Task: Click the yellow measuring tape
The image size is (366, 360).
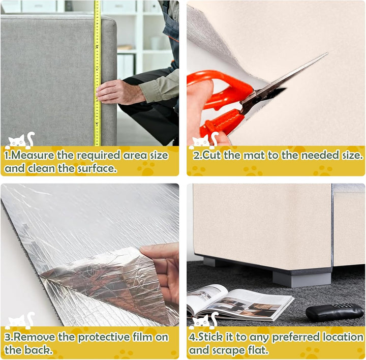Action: (x=97, y=72)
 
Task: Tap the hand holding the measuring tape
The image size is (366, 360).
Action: (x=120, y=92)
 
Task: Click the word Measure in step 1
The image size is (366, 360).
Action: (x=33, y=155)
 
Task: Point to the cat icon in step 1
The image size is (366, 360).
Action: (x=20, y=140)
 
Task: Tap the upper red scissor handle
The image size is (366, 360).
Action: (x=222, y=86)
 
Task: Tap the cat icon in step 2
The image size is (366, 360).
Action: (x=204, y=140)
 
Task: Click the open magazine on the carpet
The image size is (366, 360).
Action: (x=239, y=303)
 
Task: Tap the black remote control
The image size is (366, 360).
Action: (x=334, y=311)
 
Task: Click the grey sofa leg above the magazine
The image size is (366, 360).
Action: (x=302, y=279)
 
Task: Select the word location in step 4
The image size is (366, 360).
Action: (x=343, y=337)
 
